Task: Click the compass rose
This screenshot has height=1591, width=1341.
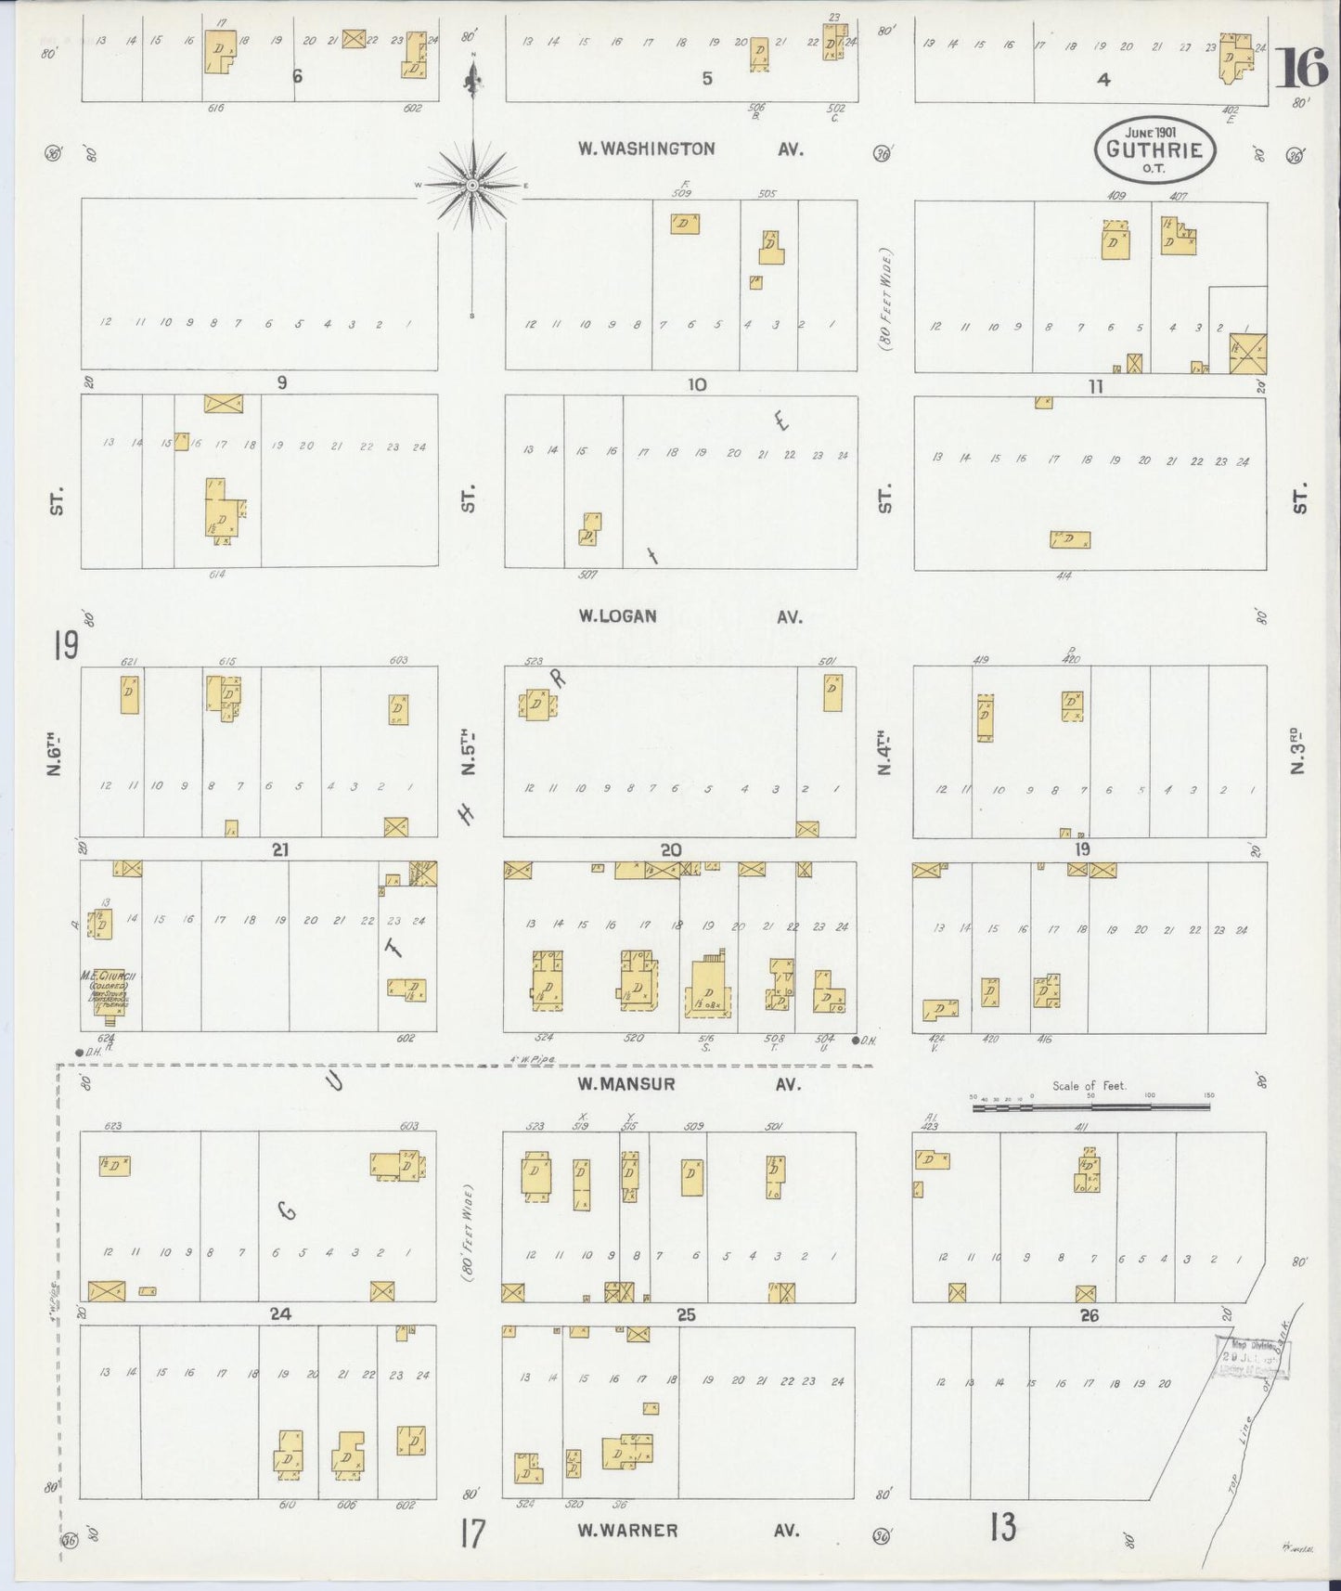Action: pos(472,185)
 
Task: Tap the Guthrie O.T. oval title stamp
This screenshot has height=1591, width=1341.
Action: pos(1154,149)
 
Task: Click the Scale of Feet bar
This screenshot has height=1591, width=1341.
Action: pos(1090,1106)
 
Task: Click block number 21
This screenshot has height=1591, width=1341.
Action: pos(280,849)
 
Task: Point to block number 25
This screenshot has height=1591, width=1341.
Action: pos(686,1314)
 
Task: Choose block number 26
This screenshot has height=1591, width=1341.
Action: pos(1089,1315)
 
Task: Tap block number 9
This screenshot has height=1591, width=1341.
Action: pos(281,382)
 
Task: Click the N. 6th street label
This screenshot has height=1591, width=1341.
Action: pos(55,756)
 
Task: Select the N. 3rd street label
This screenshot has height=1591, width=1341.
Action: pos(1299,756)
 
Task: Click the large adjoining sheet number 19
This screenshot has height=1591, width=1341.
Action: pos(66,645)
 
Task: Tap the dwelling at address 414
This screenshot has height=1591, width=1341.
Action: pos(1070,539)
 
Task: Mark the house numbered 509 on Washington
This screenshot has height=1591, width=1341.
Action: pos(685,224)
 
